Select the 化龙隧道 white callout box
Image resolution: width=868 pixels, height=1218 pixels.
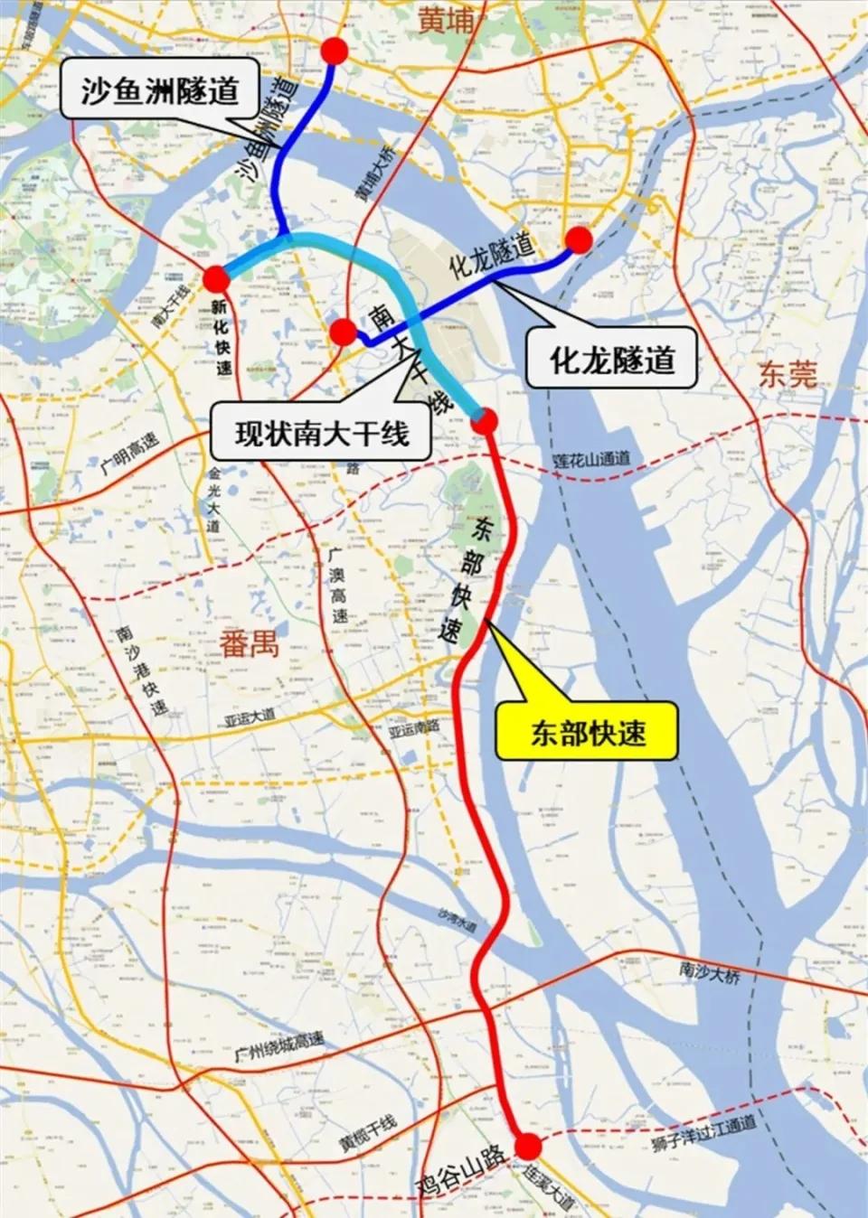612,360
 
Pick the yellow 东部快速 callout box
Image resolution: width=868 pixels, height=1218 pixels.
588,732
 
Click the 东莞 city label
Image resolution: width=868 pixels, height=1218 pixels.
788,374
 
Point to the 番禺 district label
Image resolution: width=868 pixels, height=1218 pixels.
249,644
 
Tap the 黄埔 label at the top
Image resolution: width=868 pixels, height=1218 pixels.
447,21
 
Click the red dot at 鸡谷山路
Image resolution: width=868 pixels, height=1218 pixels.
528,1148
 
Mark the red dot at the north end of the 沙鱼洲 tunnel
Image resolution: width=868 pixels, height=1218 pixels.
335,52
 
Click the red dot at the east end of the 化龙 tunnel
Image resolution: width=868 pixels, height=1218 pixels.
579,239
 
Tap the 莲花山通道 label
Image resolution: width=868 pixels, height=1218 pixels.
591,460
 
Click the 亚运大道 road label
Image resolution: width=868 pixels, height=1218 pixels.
250,717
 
